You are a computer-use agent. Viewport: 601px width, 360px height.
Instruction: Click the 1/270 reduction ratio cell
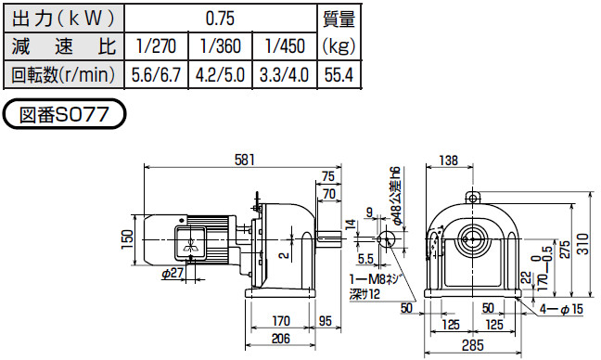pyautogui.click(x=157, y=46)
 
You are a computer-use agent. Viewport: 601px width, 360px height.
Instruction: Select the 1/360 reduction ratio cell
pyautogui.click(x=220, y=46)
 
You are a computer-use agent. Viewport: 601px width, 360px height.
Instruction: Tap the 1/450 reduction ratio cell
pyautogui.click(x=285, y=46)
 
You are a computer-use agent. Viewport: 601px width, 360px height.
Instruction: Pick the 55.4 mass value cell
pyautogui.click(x=339, y=75)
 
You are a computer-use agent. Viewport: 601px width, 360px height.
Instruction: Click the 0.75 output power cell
pyautogui.click(x=221, y=18)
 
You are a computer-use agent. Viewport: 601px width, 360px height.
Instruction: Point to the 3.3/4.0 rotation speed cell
pyautogui.click(x=285, y=75)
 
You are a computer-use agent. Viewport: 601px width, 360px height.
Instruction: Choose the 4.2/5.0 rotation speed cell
pyautogui.click(x=220, y=75)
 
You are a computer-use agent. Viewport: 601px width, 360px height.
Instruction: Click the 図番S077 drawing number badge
pyautogui.click(x=64, y=114)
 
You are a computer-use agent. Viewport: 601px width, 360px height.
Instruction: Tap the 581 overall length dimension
pyautogui.click(x=244, y=160)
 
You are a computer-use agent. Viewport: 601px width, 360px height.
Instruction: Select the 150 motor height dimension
pyautogui.click(x=128, y=239)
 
